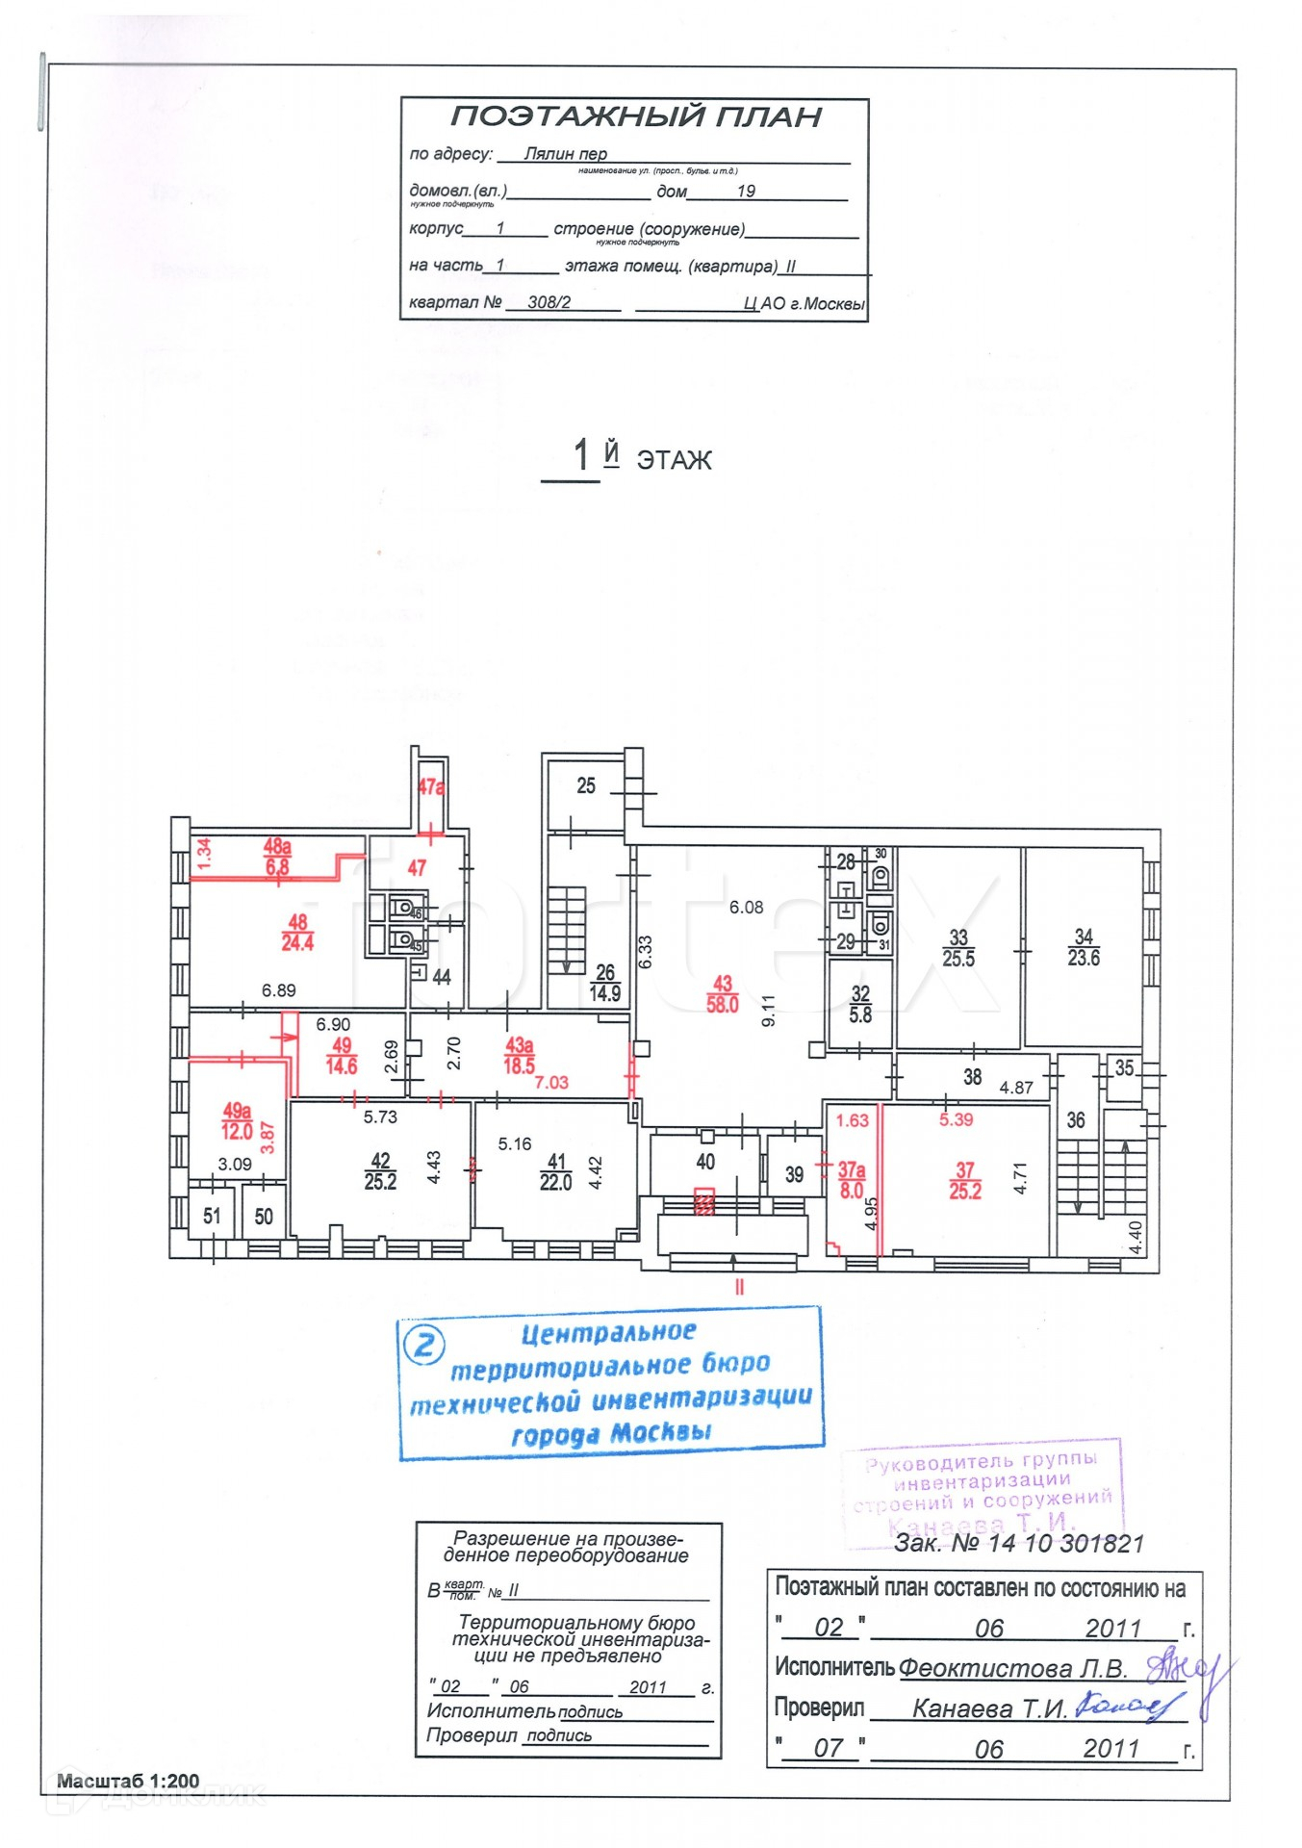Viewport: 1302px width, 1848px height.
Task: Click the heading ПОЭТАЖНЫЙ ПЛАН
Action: pos(635,117)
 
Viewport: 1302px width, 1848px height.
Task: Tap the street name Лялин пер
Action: pos(565,154)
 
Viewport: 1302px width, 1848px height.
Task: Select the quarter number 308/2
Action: pos(549,302)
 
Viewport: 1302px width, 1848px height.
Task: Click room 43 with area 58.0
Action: pos(722,994)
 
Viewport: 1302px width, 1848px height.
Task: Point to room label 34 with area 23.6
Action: pos(1083,947)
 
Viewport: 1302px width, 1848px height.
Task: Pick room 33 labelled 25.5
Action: pos(957,948)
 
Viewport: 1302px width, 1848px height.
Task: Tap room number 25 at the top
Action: pos(586,786)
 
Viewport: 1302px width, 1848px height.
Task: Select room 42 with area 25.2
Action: pos(380,1172)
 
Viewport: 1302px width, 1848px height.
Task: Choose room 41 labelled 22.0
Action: pos(556,1172)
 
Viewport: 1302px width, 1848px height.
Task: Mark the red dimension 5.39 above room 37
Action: pos(956,1119)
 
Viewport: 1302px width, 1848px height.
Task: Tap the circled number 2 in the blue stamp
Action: pos(423,1344)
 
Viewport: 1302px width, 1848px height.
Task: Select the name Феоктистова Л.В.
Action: pos(1012,1668)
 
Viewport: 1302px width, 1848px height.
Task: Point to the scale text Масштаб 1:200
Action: pos(128,1781)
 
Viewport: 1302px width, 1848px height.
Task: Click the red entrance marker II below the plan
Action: pos(739,1287)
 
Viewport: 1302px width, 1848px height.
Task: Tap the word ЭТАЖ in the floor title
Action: pos(674,460)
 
